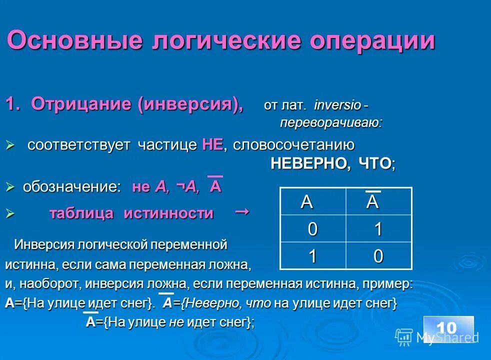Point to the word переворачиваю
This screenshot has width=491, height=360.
coord(330,122)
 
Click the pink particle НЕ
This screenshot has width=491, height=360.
coord(212,145)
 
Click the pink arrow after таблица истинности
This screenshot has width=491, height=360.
coord(242,212)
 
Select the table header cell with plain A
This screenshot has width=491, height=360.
coord(312,201)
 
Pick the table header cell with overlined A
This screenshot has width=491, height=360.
coord(378,201)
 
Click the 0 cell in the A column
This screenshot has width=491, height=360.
coord(312,229)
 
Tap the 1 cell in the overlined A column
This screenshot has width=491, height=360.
coord(378,229)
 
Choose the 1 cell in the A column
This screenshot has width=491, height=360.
coord(312,256)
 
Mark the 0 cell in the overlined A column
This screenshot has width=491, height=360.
coord(378,256)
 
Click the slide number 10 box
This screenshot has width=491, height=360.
coord(448,328)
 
